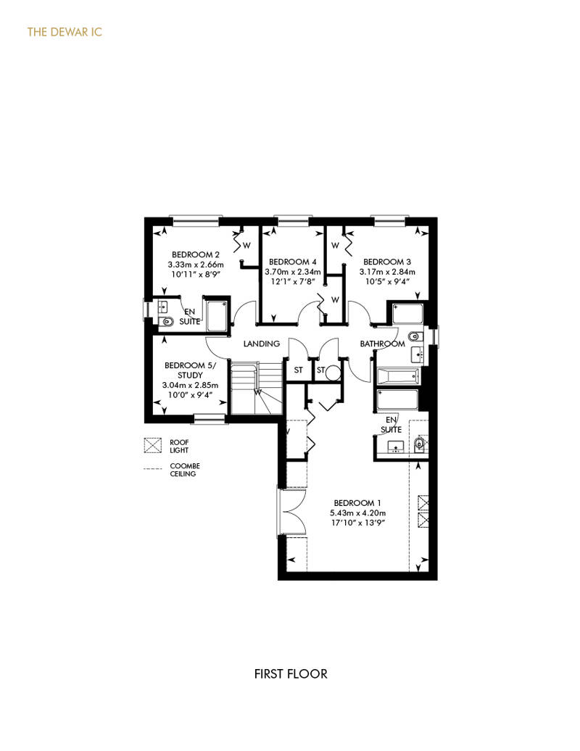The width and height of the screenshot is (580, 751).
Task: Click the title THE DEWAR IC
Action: (x=65, y=32)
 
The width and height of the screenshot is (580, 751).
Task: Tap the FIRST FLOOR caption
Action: (x=291, y=674)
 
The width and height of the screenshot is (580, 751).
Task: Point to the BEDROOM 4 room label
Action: (x=293, y=262)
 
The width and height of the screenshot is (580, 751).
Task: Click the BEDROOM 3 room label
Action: (x=387, y=262)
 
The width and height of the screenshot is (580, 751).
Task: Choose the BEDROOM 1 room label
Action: (x=357, y=503)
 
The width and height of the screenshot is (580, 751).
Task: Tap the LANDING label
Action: (x=262, y=344)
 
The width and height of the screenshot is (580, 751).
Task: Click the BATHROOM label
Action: (x=382, y=344)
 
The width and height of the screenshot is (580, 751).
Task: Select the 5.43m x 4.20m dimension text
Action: (x=357, y=513)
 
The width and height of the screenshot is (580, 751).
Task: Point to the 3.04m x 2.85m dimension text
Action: (x=190, y=385)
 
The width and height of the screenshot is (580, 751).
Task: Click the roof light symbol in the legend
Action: (x=153, y=445)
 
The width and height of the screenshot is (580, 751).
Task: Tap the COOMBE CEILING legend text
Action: (x=185, y=470)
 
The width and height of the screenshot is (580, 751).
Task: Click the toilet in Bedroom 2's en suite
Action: (x=166, y=321)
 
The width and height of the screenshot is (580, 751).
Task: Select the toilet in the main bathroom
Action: (x=415, y=335)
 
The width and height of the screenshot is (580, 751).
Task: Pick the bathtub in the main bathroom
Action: (x=399, y=376)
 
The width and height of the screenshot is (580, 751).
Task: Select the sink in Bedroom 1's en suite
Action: (x=396, y=447)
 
